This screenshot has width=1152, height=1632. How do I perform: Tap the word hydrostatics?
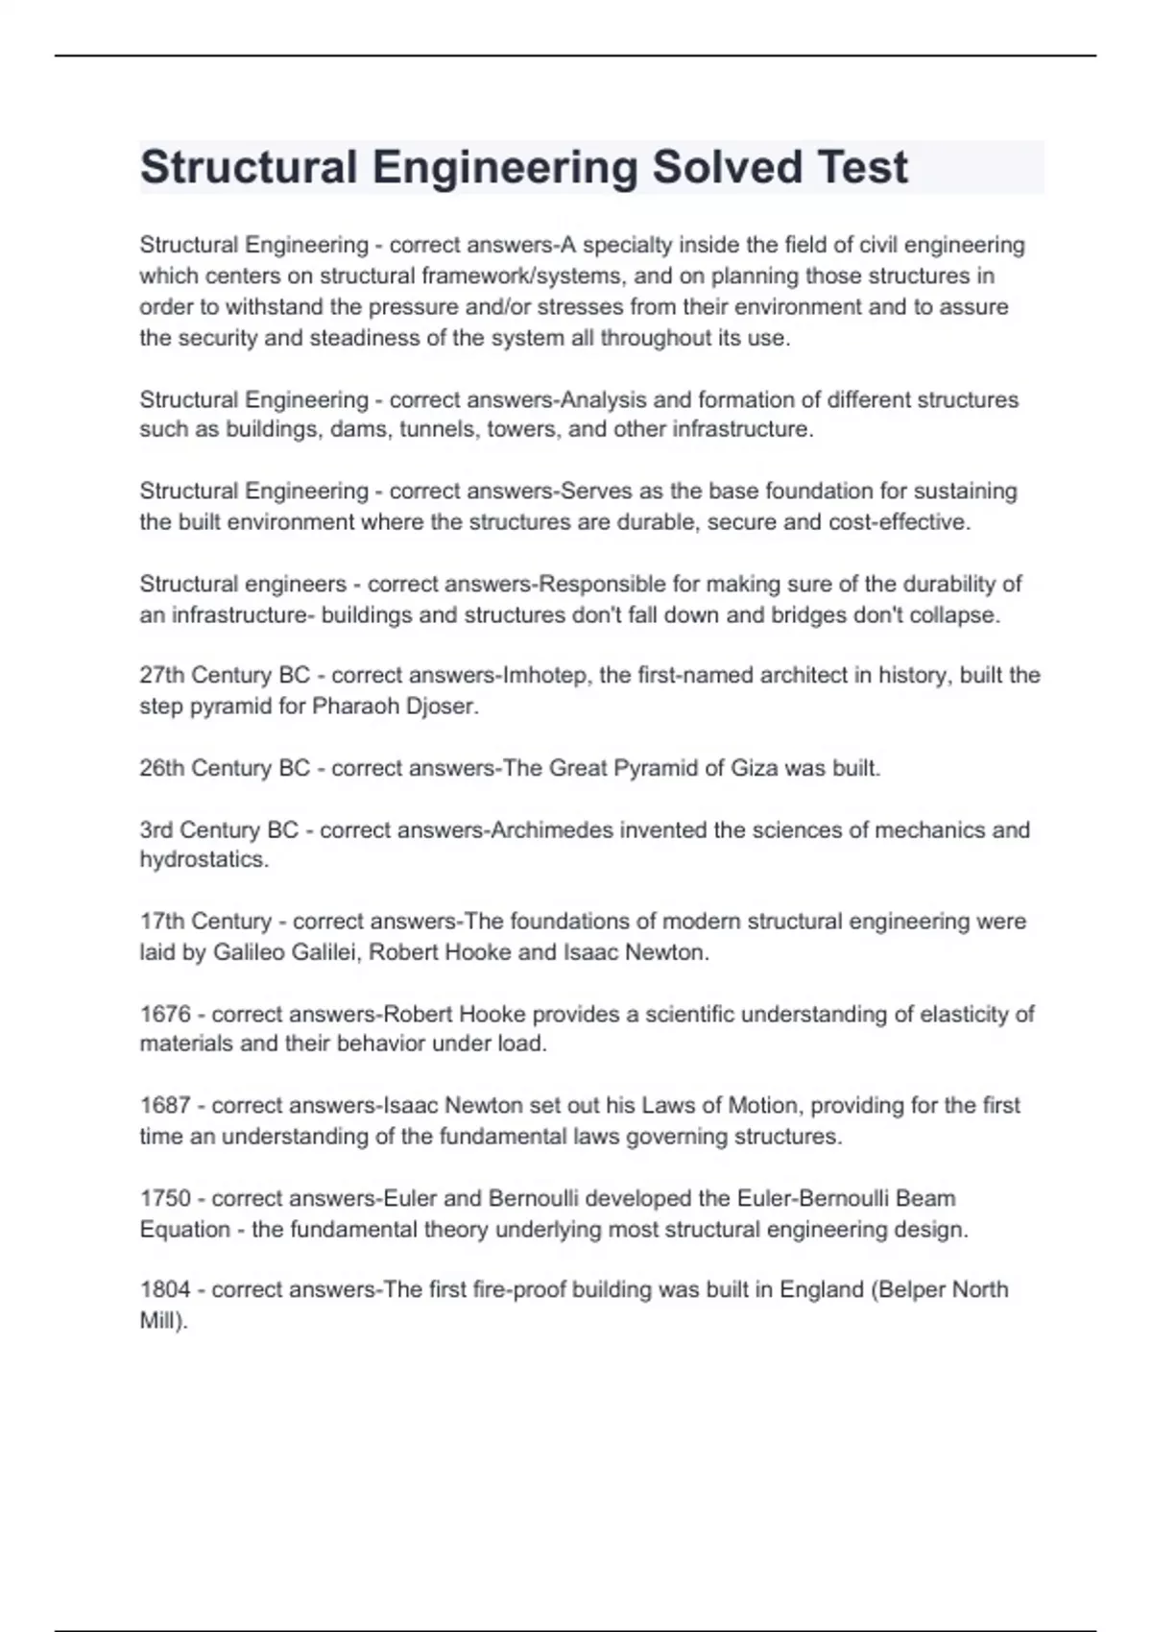coord(203,860)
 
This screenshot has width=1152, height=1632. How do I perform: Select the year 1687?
coord(165,1106)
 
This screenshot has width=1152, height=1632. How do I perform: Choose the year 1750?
coord(165,1198)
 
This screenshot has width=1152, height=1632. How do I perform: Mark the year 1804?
coord(165,1289)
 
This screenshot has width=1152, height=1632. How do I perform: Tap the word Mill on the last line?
coord(158,1321)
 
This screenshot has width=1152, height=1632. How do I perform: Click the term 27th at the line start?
coord(163,676)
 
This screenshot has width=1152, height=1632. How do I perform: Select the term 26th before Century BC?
coord(163,768)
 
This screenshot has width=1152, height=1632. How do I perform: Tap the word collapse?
coord(958,614)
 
